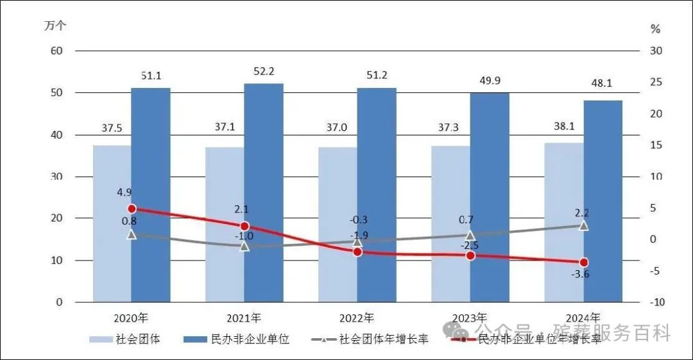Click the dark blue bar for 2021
264,193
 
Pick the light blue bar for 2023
450,224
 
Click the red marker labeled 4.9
132,209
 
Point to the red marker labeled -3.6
583,262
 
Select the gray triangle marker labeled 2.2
583,226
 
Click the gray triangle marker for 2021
244,245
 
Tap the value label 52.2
264,71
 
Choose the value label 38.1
563,126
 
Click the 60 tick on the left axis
56,51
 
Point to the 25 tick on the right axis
655,82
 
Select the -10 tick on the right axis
655,302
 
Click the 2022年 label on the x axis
357,318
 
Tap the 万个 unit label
55,26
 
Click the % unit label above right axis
655,29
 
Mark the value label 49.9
490,80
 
